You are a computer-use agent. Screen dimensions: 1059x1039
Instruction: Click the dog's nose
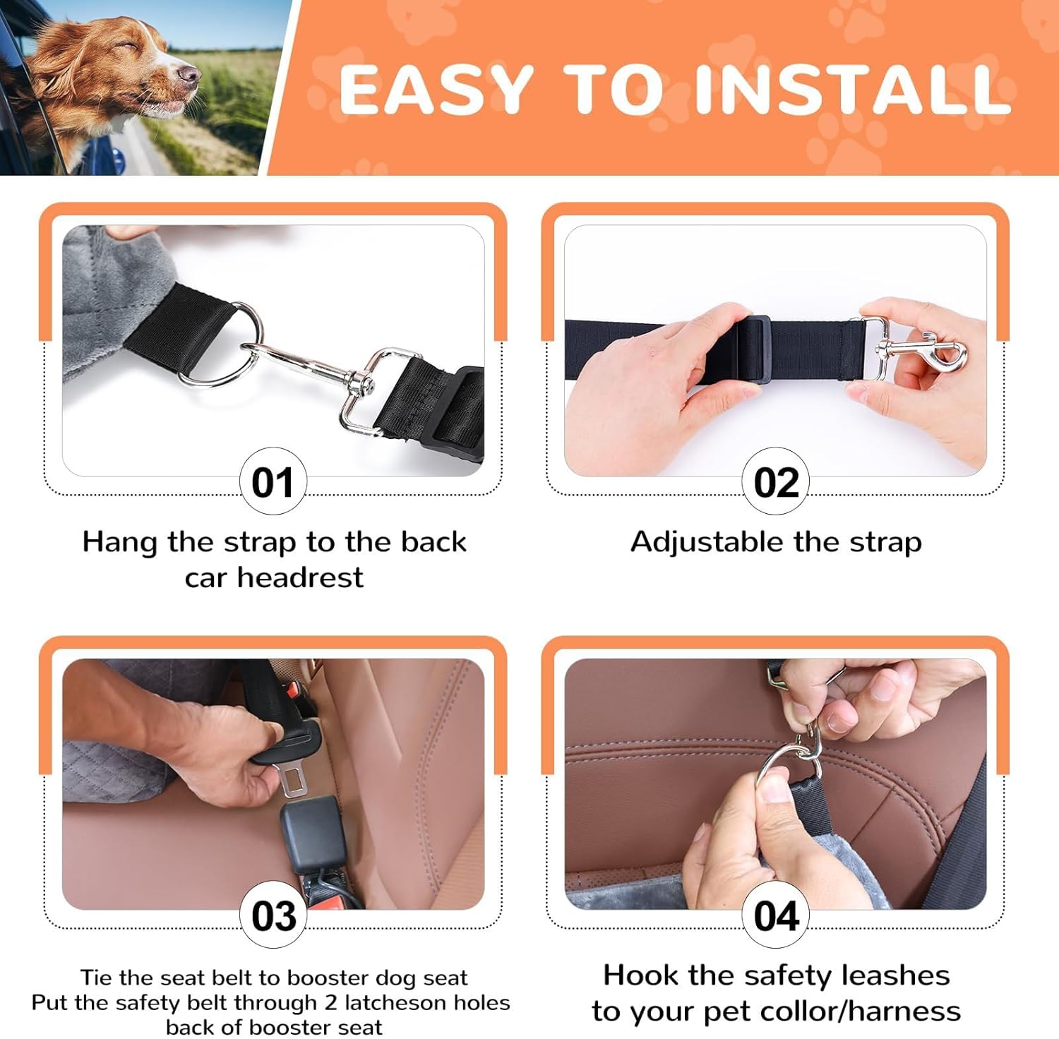click(189, 73)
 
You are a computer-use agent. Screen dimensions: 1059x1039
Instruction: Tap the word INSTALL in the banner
click(853, 89)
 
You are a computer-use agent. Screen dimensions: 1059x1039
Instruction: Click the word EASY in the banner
click(436, 89)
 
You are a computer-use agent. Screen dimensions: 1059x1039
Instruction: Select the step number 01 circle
click(273, 482)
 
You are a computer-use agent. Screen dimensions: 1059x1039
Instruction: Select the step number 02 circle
click(776, 482)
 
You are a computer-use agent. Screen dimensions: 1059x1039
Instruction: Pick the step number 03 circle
click(273, 915)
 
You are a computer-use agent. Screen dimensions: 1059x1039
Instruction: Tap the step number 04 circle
click(776, 915)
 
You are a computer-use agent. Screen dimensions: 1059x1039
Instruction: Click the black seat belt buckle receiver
click(313, 833)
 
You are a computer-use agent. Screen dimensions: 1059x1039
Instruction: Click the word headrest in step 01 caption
click(300, 577)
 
